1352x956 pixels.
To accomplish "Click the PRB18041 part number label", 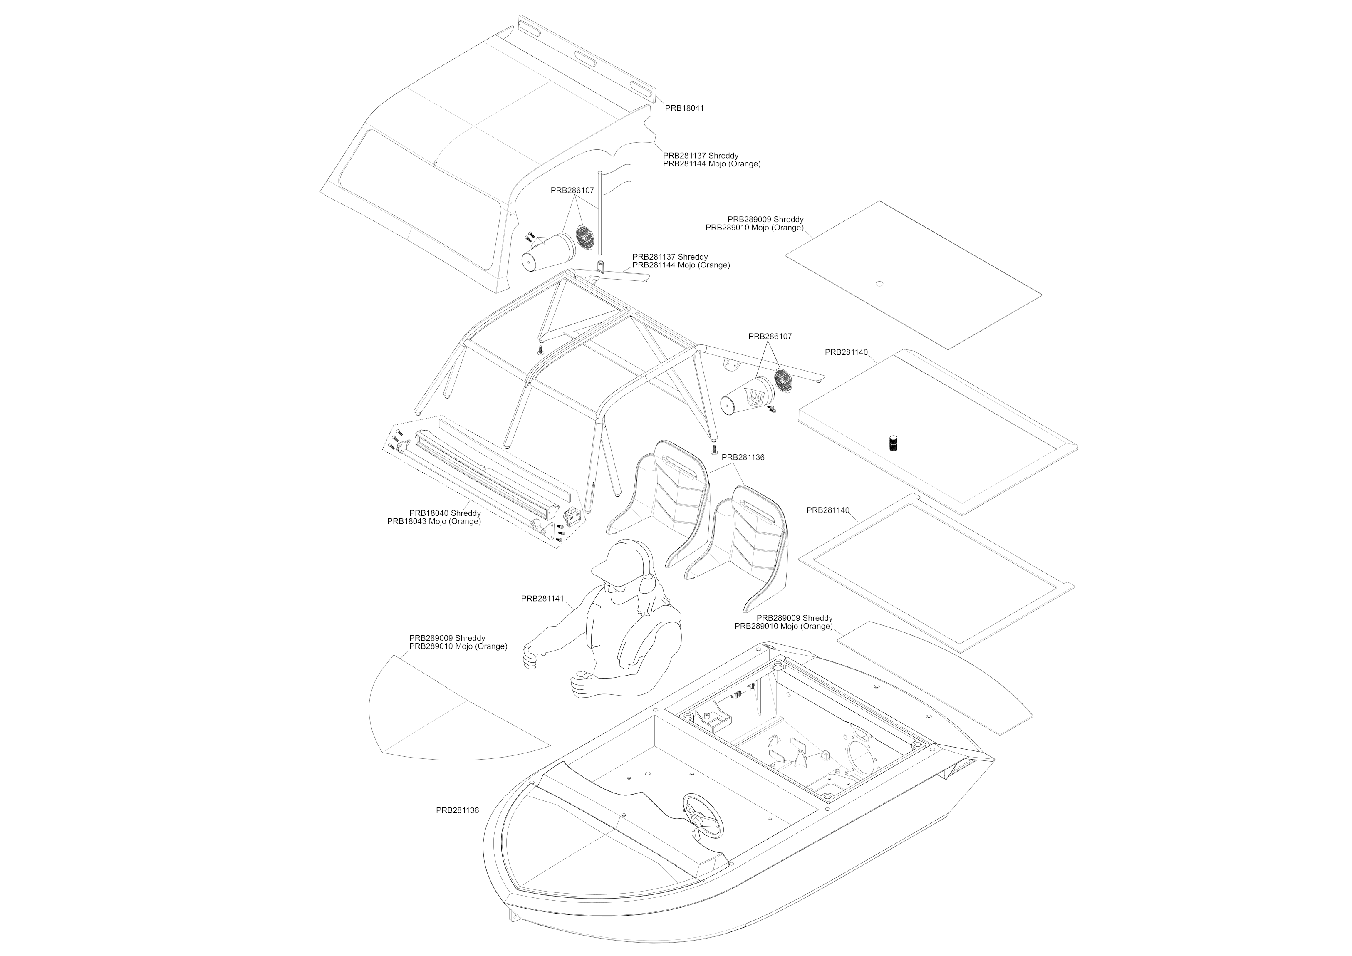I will click(x=684, y=109).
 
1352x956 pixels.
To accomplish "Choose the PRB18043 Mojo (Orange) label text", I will click(x=434, y=522).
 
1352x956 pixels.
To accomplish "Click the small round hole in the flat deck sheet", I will click(x=879, y=284).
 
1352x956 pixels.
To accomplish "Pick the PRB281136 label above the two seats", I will click(x=743, y=457).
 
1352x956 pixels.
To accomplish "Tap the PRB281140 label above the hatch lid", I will click(x=846, y=353).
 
